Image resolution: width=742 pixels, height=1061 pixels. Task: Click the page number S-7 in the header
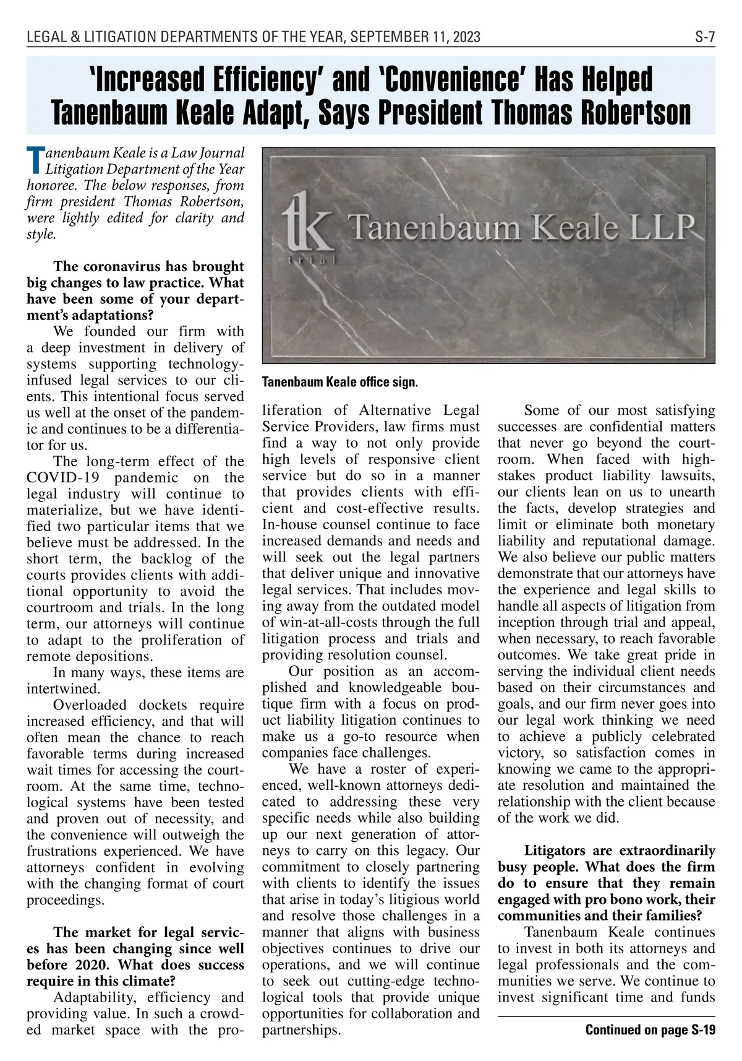coord(704,37)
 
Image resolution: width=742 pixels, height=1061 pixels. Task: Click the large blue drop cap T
coord(36,160)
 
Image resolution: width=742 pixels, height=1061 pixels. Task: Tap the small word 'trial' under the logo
coord(312,261)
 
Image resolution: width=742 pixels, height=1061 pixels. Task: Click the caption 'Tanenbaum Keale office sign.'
coord(340,382)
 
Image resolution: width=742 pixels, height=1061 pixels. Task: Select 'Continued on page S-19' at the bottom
coord(650,1031)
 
